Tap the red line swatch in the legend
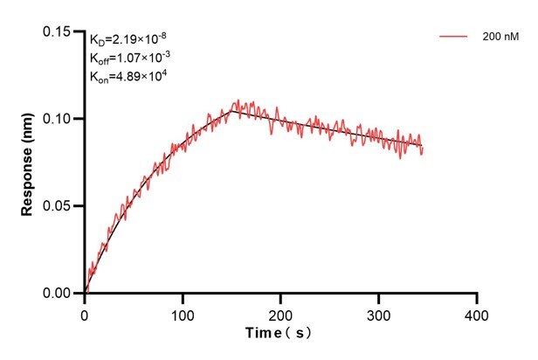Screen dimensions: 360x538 454,37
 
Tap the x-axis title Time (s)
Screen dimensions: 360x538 279,334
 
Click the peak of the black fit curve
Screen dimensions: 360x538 231,110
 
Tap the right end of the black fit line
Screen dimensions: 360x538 422,146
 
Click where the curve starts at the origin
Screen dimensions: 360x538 86,293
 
